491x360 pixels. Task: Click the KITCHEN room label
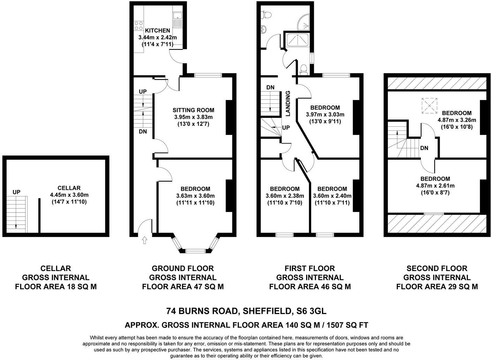click(x=157, y=30)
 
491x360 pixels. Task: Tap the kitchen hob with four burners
click(x=139, y=25)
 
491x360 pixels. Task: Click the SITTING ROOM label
click(x=193, y=110)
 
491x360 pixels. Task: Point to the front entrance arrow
click(x=144, y=240)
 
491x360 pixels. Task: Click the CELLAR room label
click(x=69, y=188)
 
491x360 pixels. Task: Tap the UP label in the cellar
click(x=16, y=192)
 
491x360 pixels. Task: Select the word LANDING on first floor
click(x=288, y=104)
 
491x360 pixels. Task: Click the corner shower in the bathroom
click(x=303, y=22)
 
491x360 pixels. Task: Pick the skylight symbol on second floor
click(x=429, y=106)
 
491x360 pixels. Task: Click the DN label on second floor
click(x=424, y=148)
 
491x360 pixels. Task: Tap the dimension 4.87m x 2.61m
click(x=435, y=186)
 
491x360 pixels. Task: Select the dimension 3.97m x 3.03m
click(x=325, y=114)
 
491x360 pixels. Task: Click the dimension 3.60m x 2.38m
click(x=285, y=196)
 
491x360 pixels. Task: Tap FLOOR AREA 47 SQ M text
click(x=183, y=286)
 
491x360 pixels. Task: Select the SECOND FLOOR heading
click(x=437, y=268)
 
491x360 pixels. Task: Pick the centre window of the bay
click(x=196, y=251)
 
